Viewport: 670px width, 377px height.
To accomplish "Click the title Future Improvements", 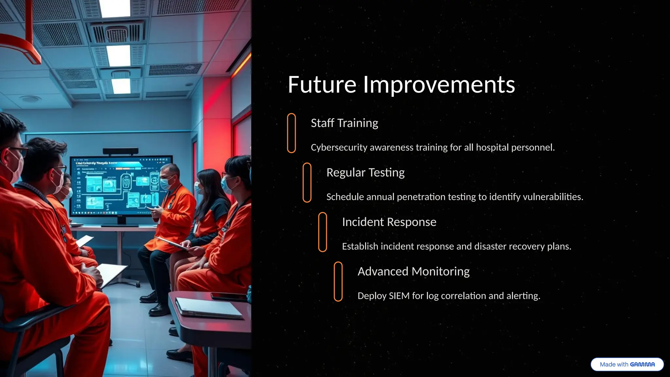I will [401, 84].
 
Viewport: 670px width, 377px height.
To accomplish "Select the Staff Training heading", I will [344, 123].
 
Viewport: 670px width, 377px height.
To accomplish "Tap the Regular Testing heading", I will [365, 172].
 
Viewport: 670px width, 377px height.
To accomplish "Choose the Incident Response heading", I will [389, 222].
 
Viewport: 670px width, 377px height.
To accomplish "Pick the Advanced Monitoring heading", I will [413, 271].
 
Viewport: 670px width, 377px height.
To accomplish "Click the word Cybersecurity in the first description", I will [339, 148].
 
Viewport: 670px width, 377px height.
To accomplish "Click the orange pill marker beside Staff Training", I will [291, 133].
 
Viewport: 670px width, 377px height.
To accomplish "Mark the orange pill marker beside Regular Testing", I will [307, 182].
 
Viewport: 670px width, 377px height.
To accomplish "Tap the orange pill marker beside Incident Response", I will [323, 232].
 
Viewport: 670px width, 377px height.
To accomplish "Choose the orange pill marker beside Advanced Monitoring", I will [338, 281].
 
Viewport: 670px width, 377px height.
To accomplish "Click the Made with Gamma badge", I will [627, 364].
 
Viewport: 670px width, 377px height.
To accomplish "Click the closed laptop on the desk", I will [209, 308].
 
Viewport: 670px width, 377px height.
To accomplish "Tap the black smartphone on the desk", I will [229, 297].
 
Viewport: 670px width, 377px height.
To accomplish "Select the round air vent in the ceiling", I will [116, 33].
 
